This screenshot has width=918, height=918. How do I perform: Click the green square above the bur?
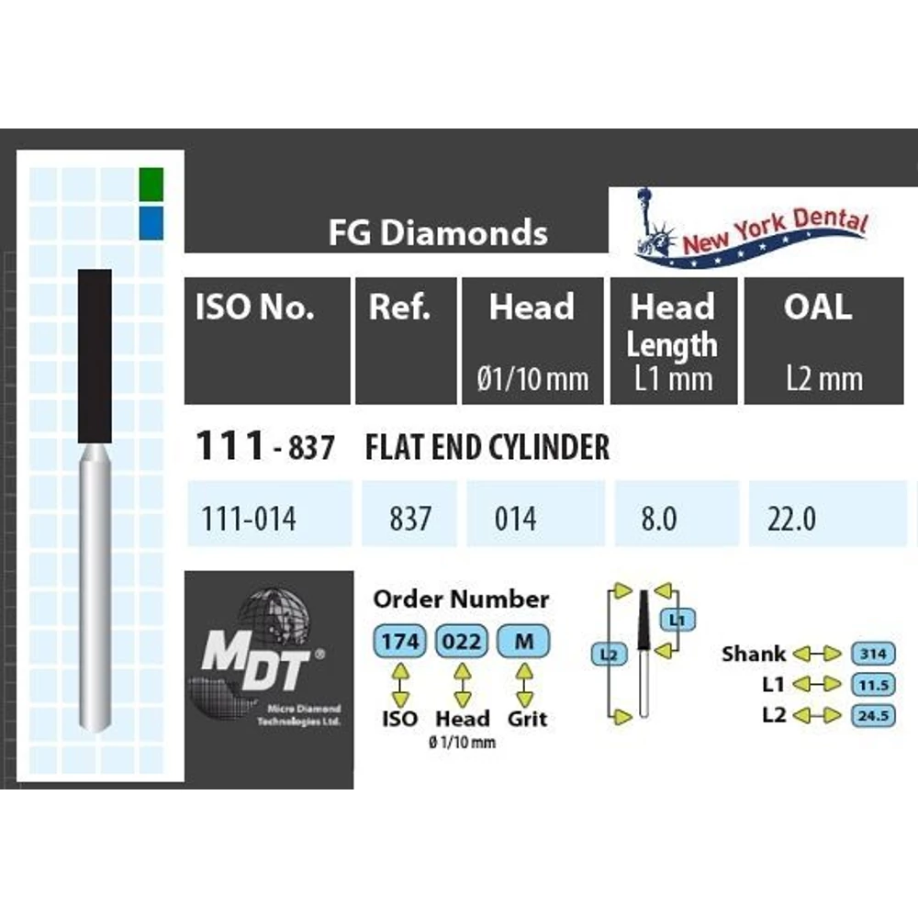tap(151, 185)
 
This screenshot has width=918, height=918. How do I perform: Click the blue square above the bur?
tap(151, 222)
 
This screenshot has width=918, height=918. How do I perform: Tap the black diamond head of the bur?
tap(95, 356)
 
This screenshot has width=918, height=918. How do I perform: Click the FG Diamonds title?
tap(438, 232)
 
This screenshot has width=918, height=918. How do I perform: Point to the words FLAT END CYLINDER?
tap(487, 447)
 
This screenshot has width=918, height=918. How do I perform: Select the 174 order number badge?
tap(400, 642)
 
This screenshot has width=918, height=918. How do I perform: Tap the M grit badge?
tap(523, 642)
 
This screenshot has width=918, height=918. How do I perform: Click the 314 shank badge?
tap(873, 654)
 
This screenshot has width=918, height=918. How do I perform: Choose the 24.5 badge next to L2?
tap(873, 715)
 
